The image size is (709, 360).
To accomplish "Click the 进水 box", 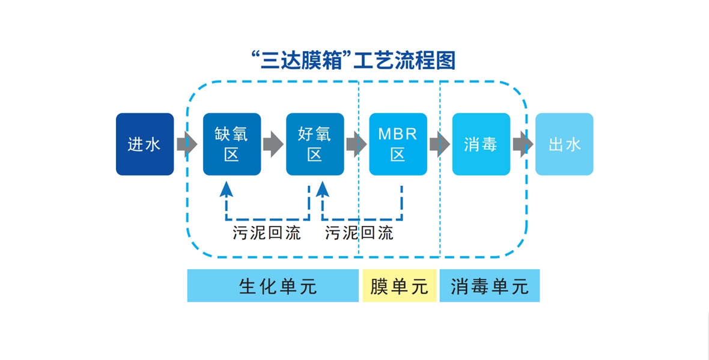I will click(x=145, y=144).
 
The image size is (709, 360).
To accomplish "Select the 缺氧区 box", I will click(x=232, y=144).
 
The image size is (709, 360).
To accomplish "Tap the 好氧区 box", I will click(x=315, y=144).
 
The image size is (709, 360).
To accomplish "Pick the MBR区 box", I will click(x=398, y=144).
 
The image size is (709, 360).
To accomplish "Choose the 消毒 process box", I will click(x=481, y=144).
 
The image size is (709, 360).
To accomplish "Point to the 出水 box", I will click(x=564, y=144).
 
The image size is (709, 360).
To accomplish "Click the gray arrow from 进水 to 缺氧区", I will click(x=187, y=144).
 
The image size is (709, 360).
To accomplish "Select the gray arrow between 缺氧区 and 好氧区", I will click(x=273, y=144).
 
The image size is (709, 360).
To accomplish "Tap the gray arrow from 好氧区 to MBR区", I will click(x=356, y=144).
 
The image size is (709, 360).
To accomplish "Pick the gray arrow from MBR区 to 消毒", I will click(x=439, y=144).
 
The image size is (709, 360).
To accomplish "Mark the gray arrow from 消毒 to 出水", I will click(x=523, y=144).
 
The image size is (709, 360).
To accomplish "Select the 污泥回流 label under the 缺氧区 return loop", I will click(x=267, y=233).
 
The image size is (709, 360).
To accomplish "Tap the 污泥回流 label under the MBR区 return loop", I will click(x=359, y=233).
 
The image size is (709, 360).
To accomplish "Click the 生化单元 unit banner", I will click(x=273, y=286).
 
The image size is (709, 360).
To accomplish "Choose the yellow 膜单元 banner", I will click(x=399, y=286).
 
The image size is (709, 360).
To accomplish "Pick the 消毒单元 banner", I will click(x=490, y=286).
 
